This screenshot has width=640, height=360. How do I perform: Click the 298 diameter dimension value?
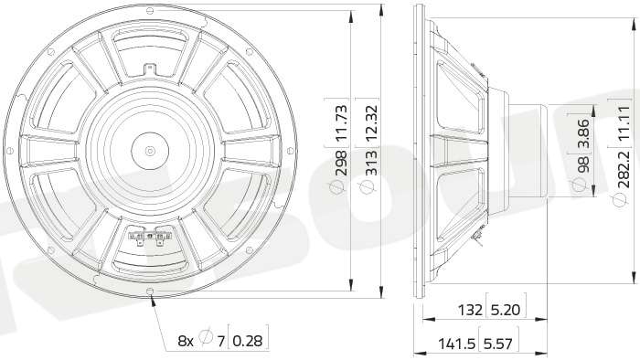pyautogui.click(x=340, y=163)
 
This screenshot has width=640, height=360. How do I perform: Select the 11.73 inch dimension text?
pyautogui.click(x=340, y=122)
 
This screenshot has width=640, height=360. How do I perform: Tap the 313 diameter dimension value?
pyautogui.click(x=371, y=163)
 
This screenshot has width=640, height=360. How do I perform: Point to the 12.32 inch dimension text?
pyautogui.click(x=371, y=122)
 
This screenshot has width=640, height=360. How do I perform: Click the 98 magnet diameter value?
pyautogui.click(x=583, y=164)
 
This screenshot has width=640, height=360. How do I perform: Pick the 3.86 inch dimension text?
pyautogui.click(x=583, y=132)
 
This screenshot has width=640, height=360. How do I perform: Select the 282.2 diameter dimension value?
pyautogui.click(x=624, y=169)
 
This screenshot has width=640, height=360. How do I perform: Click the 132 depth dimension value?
pyautogui.click(x=470, y=311)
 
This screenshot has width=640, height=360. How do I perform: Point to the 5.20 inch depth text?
pyautogui.click(x=506, y=311)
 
